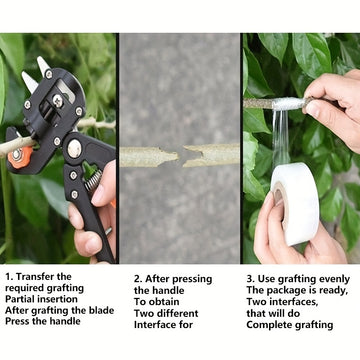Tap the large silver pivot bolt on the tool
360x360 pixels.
[74, 149]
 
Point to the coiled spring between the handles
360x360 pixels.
[94, 181]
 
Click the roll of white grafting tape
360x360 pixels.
[295, 202]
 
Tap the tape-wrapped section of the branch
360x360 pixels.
[289, 103]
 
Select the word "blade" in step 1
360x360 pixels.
[100, 310]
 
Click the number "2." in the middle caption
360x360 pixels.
[138, 279]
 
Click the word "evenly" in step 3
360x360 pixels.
[334, 279]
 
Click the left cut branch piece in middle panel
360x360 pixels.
[149, 157]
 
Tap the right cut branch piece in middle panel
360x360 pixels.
[211, 155]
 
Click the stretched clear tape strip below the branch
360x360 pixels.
[280, 138]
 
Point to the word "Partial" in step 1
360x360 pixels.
[20, 299]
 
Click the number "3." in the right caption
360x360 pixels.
[251, 279]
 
